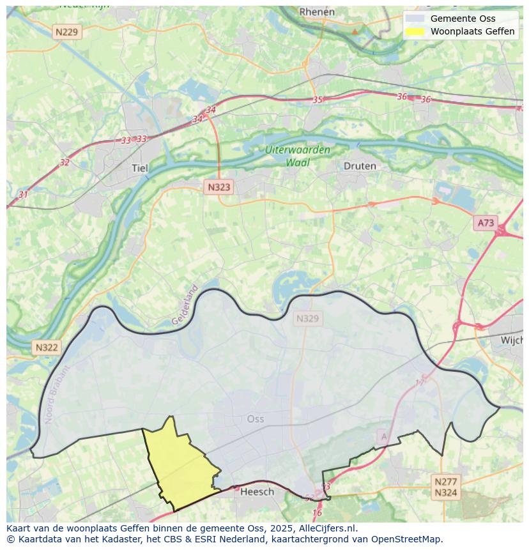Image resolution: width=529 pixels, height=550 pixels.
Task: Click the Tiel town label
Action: [x=139, y=169]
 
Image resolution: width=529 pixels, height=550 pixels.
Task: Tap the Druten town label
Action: [x=360, y=166]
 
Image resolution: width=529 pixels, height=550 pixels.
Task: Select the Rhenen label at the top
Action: [x=317, y=11]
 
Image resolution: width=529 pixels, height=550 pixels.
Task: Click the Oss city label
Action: [x=255, y=419]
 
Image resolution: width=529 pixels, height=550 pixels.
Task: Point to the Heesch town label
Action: [x=257, y=491]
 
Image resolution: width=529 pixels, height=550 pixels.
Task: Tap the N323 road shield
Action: [x=218, y=187]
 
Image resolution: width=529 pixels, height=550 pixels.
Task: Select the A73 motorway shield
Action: [x=486, y=223]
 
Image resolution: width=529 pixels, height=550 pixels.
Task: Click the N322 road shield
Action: [x=46, y=348]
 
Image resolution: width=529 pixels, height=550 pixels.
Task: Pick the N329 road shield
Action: [x=307, y=318]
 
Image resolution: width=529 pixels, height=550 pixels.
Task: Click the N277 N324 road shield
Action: [x=445, y=487]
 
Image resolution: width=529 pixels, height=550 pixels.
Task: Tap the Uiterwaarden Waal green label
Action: [x=298, y=156]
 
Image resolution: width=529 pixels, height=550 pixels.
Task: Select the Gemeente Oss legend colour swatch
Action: [x=415, y=19]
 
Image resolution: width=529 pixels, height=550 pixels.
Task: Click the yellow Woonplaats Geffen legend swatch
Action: [x=415, y=31]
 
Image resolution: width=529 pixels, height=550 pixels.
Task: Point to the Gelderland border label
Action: [x=185, y=305]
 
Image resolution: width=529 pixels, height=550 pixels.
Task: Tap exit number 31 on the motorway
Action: [x=23, y=194]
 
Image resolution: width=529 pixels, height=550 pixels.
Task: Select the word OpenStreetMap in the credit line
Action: [x=408, y=539]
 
